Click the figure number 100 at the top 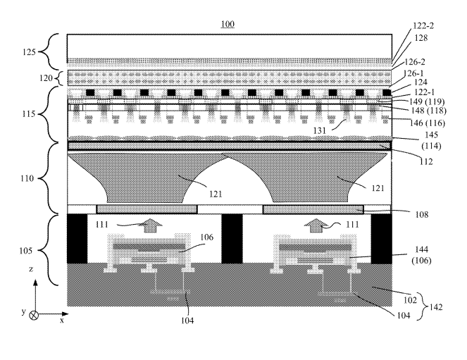coord(228,24)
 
